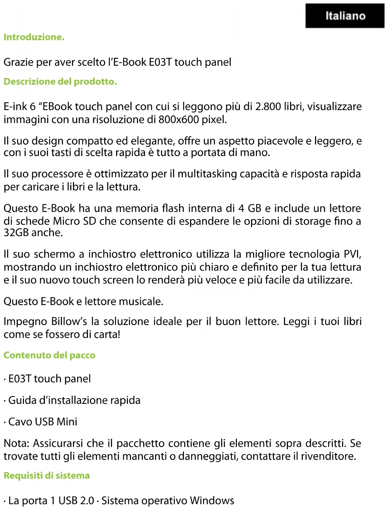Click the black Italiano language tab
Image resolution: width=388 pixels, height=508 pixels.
pos(345,16)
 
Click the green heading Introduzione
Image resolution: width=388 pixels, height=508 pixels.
pos(34,37)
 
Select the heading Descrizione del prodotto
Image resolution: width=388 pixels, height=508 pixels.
pos(60,82)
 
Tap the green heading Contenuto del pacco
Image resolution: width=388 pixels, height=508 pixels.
pos(49,355)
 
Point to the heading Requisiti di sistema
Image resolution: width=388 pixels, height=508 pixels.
pos(47,476)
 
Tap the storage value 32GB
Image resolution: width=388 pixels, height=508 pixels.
pos(16,233)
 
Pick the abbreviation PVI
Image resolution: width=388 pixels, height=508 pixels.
pos(352,254)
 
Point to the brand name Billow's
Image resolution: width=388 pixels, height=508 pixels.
pos(69,321)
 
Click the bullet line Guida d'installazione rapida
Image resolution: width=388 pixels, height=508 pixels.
pos(74,400)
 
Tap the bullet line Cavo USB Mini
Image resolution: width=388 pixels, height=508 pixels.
pos(42,422)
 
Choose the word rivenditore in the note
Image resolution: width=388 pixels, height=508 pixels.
pos(328,456)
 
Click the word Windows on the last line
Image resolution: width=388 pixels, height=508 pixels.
pos(212,501)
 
